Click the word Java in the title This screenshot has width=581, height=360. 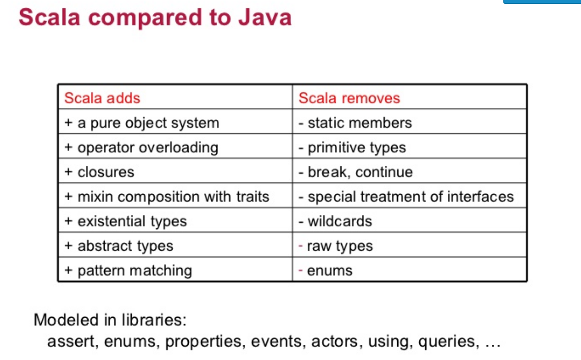pyautogui.click(x=265, y=17)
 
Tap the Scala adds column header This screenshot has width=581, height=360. pyautogui.click(x=102, y=98)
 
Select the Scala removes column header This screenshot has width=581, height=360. pyautogui.click(x=349, y=98)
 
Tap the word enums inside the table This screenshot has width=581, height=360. pyautogui.click(x=330, y=270)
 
